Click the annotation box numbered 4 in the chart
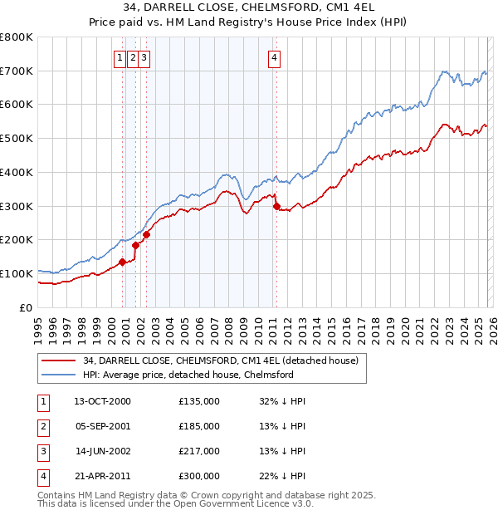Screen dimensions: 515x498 (x=274, y=58)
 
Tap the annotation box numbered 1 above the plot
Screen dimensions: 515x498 (x=121, y=58)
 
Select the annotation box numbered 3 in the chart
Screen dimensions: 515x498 (x=144, y=58)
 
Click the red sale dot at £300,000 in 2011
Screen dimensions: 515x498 (x=276, y=206)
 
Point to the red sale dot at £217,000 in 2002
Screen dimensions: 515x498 (x=146, y=234)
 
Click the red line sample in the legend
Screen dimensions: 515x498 (x=57, y=360)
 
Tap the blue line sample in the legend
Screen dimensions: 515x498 (x=57, y=375)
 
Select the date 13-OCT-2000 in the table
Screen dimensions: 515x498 (x=102, y=401)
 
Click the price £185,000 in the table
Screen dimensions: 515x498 (x=198, y=426)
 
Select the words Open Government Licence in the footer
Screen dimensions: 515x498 (x=238, y=503)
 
